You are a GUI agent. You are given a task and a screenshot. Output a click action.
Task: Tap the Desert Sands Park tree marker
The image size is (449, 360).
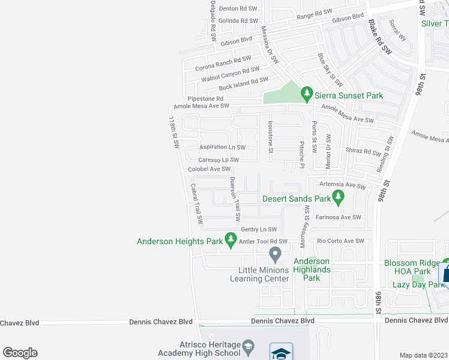coord(339,197)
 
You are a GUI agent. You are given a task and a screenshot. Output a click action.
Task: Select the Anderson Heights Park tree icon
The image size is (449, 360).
coord(231,240)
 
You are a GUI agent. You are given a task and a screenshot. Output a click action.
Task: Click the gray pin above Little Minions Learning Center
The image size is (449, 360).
coord(275,254)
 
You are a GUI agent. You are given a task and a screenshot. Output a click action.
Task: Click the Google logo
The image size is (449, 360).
coord(20,353)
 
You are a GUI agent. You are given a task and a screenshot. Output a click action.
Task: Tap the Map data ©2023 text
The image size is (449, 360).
coord(423,355)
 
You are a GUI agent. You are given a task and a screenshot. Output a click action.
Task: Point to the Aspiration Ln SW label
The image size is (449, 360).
coord(222,147)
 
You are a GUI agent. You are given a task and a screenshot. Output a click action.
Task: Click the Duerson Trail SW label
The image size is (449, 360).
coord(235,198)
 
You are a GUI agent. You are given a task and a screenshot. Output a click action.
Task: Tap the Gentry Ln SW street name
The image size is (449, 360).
coord(258,229)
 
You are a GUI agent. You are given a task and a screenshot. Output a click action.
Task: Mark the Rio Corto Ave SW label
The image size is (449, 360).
coord(340,241)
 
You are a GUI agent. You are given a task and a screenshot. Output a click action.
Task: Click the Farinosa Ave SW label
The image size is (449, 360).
coord(338,217)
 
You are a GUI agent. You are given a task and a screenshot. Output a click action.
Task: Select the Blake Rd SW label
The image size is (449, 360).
coord(379,37)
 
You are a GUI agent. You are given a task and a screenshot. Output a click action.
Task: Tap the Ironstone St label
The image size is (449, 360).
coord(270,137)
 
